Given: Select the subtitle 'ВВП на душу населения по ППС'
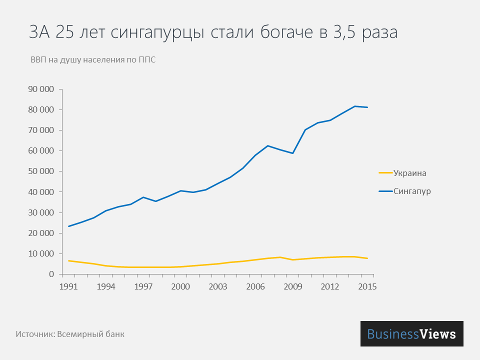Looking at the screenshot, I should pos(93,60).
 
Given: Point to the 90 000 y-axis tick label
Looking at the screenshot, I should pos(40,89).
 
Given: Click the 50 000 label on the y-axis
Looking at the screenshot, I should pos(40,171).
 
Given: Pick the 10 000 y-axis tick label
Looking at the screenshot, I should pos(40,254).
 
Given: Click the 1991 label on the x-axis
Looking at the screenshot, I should pos(69,286).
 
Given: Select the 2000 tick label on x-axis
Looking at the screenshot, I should pos(180,286).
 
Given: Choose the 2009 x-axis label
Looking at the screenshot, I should pos(292,286).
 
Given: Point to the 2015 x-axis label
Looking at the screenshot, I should pos(367,286).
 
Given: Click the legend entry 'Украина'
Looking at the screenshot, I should pos(409,173).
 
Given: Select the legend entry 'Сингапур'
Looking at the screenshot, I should pos(412,191).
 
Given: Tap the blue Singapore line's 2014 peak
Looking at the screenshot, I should pos(355,106).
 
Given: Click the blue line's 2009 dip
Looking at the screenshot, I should pos(292,153).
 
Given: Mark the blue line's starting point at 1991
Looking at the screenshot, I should pos(69,226).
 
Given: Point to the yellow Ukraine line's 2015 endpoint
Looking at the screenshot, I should pos(367,258).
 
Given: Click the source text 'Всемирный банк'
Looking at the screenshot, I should pos(90,334).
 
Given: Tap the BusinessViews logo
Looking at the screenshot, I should pos(411,334).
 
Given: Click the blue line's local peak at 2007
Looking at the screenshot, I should pos(268,145).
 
